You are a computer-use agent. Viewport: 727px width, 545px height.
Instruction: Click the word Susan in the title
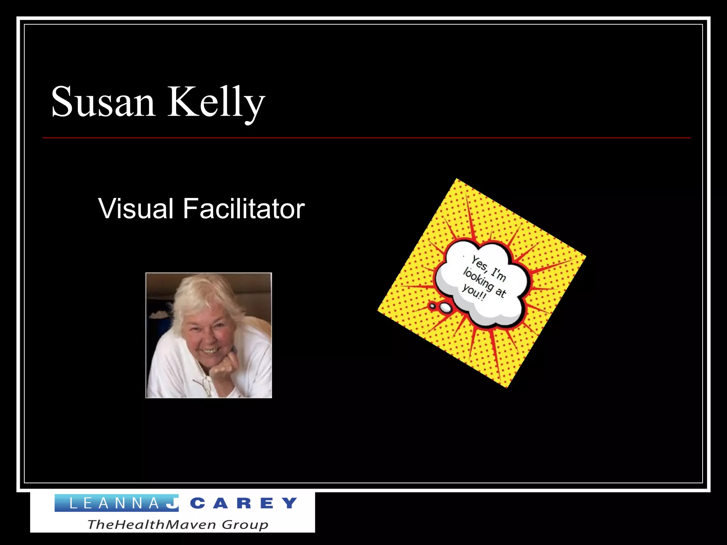click(x=103, y=102)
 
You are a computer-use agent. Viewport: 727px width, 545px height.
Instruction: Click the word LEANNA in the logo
click(x=114, y=503)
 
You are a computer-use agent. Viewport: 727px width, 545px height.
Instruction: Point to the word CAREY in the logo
click(x=244, y=503)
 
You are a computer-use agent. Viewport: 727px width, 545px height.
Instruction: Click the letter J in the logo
click(x=173, y=503)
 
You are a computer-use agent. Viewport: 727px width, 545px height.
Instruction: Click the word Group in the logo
click(x=245, y=524)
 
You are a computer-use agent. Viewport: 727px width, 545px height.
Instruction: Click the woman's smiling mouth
click(x=212, y=351)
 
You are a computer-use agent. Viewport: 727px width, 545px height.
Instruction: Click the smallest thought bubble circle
click(x=432, y=305)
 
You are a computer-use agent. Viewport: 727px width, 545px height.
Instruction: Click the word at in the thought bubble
click(x=501, y=292)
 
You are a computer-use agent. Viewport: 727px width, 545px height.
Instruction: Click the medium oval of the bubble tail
click(x=446, y=308)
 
